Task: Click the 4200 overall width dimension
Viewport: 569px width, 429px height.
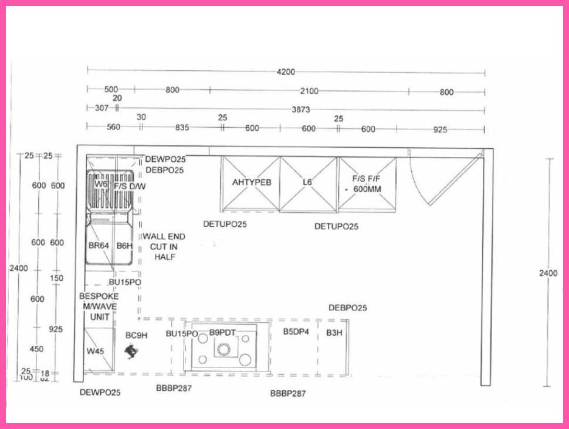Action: pyautogui.click(x=286, y=72)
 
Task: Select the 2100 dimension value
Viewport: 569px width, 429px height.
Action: pyautogui.click(x=309, y=91)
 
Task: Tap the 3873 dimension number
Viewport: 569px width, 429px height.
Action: pyautogui.click(x=301, y=110)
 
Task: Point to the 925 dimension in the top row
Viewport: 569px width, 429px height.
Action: pyautogui.click(x=440, y=130)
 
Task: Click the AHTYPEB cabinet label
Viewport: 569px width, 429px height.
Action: pyautogui.click(x=252, y=182)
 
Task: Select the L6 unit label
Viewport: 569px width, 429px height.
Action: pyautogui.click(x=307, y=182)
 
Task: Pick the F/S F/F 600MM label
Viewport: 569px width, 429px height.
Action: pyautogui.click(x=366, y=185)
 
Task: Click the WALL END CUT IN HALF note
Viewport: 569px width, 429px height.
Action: pyautogui.click(x=164, y=247)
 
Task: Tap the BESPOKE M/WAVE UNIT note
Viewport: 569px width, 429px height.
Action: pyautogui.click(x=99, y=307)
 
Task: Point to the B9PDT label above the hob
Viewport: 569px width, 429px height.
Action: pyautogui.click(x=222, y=333)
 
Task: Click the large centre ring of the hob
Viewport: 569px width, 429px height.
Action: pyautogui.click(x=223, y=350)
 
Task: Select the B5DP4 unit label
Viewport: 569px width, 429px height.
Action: pyautogui.click(x=296, y=332)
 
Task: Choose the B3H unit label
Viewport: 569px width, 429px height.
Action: pyautogui.click(x=334, y=332)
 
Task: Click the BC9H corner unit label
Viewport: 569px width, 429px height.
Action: pyautogui.click(x=136, y=335)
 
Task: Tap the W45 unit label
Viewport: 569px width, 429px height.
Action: pyautogui.click(x=95, y=351)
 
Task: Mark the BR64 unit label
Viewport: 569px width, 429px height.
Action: pyautogui.click(x=99, y=246)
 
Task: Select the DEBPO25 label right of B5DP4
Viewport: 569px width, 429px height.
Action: pyautogui.click(x=348, y=308)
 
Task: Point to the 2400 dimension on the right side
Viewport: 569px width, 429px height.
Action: pyautogui.click(x=549, y=273)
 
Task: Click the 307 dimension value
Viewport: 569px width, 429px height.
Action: pyautogui.click(x=101, y=108)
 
